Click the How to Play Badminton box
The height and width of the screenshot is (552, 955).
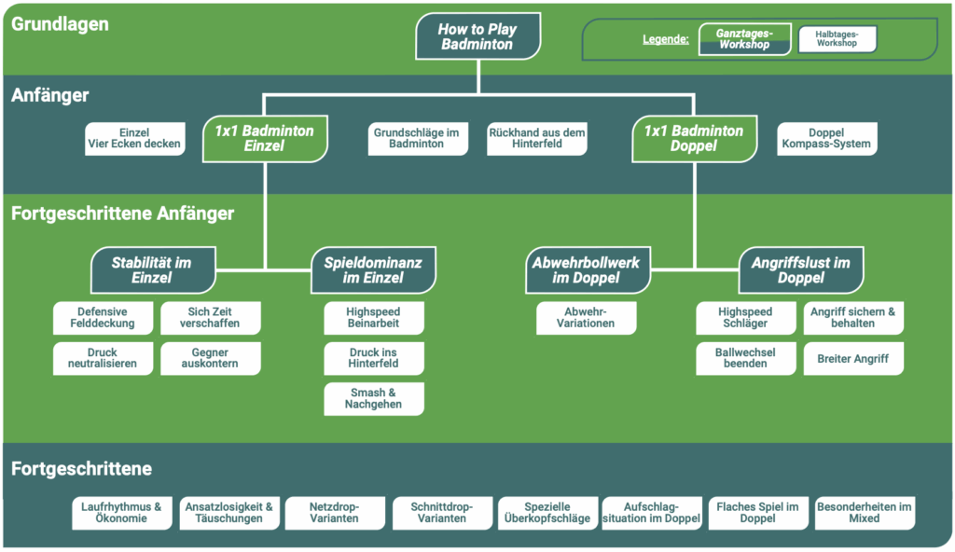(477, 36)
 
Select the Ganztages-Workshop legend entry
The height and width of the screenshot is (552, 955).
(744, 39)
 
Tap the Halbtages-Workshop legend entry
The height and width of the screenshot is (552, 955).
(837, 39)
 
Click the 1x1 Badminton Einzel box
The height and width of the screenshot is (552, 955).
(264, 138)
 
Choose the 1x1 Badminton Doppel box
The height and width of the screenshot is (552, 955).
(694, 138)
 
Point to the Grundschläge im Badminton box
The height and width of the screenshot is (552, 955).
(416, 139)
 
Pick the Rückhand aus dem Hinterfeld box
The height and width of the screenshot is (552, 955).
(537, 139)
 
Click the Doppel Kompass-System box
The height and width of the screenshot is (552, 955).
(826, 139)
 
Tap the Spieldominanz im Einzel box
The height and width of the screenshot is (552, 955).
(374, 270)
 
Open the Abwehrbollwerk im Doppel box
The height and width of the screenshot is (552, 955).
(586, 270)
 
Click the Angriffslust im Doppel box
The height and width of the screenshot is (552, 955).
(801, 270)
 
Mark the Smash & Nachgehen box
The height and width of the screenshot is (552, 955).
(373, 399)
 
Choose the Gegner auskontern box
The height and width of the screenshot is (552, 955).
(211, 359)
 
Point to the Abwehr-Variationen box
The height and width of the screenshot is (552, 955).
(586, 319)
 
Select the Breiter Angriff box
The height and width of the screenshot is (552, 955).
(853, 359)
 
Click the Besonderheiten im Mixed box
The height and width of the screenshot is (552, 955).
(865, 513)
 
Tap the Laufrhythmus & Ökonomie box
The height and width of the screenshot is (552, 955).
(121, 513)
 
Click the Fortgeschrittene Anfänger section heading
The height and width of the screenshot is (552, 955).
(123, 214)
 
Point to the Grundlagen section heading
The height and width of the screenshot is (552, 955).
(60, 24)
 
